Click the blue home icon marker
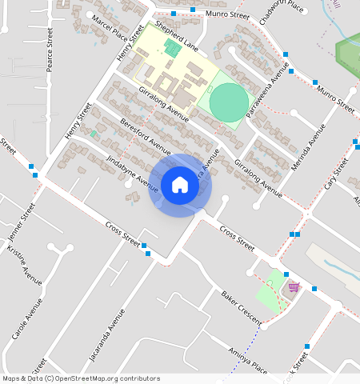pos(180,185)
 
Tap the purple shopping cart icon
pos(294,286)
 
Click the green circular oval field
pos(229,102)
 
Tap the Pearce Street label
pos(50,50)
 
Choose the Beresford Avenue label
pos(145,137)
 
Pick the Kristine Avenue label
pos(24,265)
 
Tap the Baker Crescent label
pos(242,307)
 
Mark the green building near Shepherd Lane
pos(171,49)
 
